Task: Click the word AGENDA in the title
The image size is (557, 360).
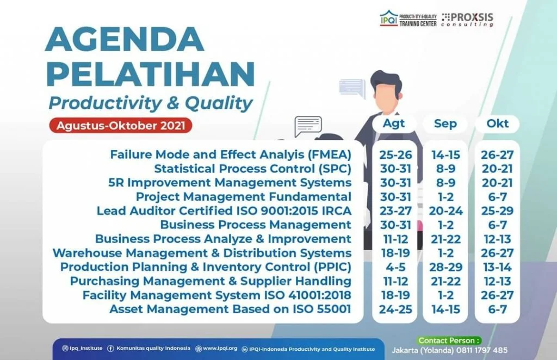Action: (x=125, y=39)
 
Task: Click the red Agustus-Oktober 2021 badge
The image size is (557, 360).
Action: (x=121, y=126)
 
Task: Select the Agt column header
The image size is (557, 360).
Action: (x=394, y=123)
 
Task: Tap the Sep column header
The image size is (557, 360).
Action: (x=445, y=123)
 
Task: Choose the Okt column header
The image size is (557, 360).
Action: (x=497, y=123)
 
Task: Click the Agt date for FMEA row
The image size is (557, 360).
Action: (x=395, y=155)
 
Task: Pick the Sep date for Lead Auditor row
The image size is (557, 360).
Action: (x=446, y=211)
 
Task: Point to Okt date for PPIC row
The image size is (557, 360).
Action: (x=497, y=267)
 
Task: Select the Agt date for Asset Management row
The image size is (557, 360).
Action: (x=395, y=309)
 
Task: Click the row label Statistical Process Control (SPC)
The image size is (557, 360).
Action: (x=252, y=169)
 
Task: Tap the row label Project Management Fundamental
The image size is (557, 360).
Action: (x=244, y=197)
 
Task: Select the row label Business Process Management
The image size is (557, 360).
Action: (x=256, y=225)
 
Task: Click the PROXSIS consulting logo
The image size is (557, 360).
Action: (x=467, y=20)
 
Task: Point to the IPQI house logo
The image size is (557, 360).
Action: (x=389, y=18)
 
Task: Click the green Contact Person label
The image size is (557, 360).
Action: (x=449, y=340)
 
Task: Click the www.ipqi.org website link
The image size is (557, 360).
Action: (x=216, y=348)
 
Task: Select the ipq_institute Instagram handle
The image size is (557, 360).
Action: (x=83, y=348)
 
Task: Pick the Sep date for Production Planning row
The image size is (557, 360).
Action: (x=446, y=267)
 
